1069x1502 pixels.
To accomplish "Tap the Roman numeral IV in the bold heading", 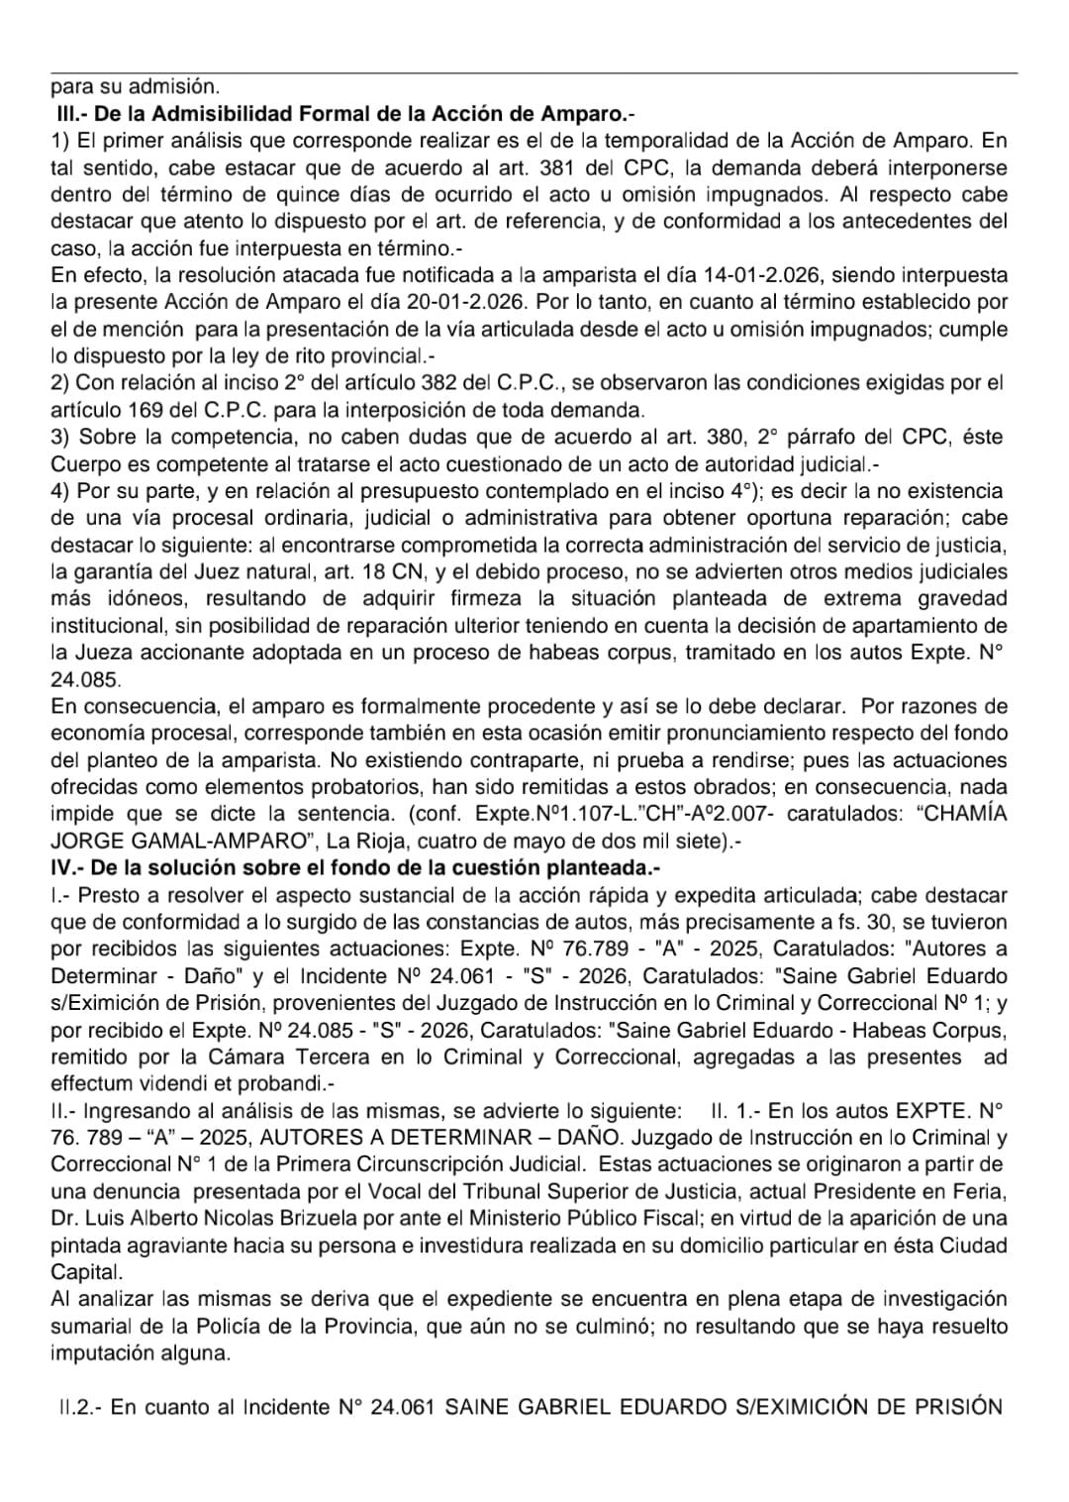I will [x=63, y=868].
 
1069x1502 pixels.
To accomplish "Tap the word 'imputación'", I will [x=97, y=1352].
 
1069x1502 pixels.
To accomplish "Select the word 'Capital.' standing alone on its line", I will [x=85, y=1272].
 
